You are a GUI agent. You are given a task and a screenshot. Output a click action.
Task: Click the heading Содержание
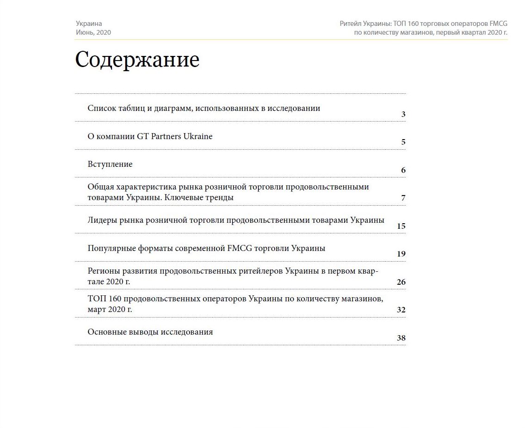(x=137, y=60)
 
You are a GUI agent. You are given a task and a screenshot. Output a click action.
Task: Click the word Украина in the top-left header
(x=89, y=24)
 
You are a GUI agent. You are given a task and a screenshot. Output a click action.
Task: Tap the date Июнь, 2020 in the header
(x=93, y=32)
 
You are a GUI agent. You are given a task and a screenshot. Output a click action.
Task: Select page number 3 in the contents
(x=403, y=114)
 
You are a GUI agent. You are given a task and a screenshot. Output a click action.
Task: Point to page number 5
(x=403, y=142)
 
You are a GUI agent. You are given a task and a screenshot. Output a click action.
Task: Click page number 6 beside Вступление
(x=403, y=171)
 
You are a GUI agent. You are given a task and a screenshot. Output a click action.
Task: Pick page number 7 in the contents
(x=403, y=198)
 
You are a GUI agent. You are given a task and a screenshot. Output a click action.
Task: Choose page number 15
(x=401, y=226)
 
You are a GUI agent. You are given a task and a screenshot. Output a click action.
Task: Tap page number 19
(x=401, y=254)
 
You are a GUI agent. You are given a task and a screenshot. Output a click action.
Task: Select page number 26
(x=401, y=282)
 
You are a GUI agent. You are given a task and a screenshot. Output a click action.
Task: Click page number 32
(x=401, y=310)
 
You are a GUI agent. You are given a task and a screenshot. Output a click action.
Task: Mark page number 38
(x=401, y=338)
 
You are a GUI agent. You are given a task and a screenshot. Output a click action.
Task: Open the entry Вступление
(x=110, y=164)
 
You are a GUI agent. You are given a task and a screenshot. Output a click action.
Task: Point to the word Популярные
(x=111, y=248)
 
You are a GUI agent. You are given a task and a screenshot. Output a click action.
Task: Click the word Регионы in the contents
(x=104, y=271)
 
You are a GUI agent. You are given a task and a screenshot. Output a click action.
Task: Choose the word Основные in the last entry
(x=107, y=332)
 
